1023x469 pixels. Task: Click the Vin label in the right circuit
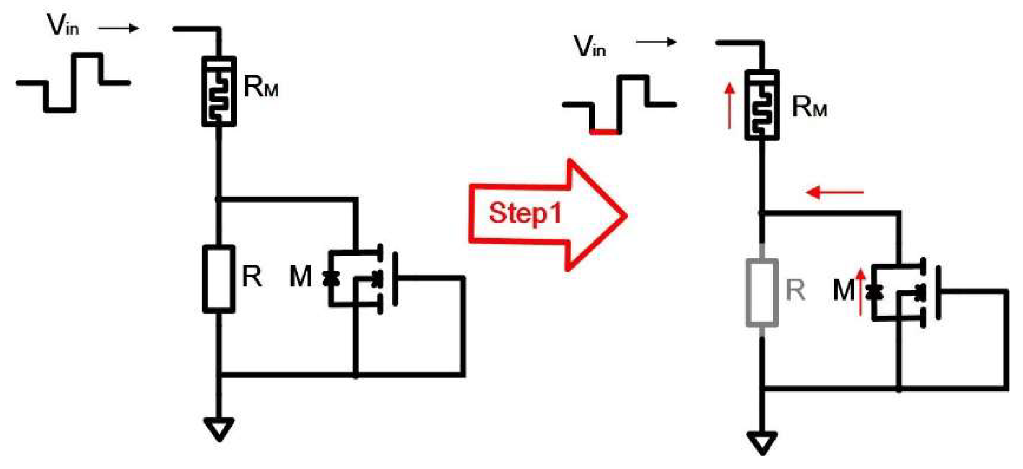click(x=589, y=46)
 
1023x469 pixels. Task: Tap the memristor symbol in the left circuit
click(x=219, y=91)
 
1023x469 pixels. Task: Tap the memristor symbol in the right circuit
click(x=762, y=105)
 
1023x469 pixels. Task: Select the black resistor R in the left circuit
click(x=219, y=279)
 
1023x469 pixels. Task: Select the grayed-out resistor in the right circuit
click(x=762, y=292)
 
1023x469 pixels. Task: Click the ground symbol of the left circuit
click(x=219, y=429)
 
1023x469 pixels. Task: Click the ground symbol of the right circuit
click(x=762, y=443)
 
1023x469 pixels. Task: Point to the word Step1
click(x=525, y=213)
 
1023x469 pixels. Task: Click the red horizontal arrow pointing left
click(x=834, y=192)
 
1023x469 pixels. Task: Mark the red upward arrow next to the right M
click(x=861, y=292)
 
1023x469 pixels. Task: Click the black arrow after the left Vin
click(x=119, y=29)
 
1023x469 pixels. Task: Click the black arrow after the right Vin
click(x=656, y=42)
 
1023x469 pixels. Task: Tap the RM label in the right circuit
click(x=809, y=107)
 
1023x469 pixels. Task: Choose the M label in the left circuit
click(x=300, y=276)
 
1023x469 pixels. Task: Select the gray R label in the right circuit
click(x=795, y=290)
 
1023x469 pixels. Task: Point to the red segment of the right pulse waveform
click(x=604, y=132)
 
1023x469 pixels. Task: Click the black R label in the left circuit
click(x=252, y=276)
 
